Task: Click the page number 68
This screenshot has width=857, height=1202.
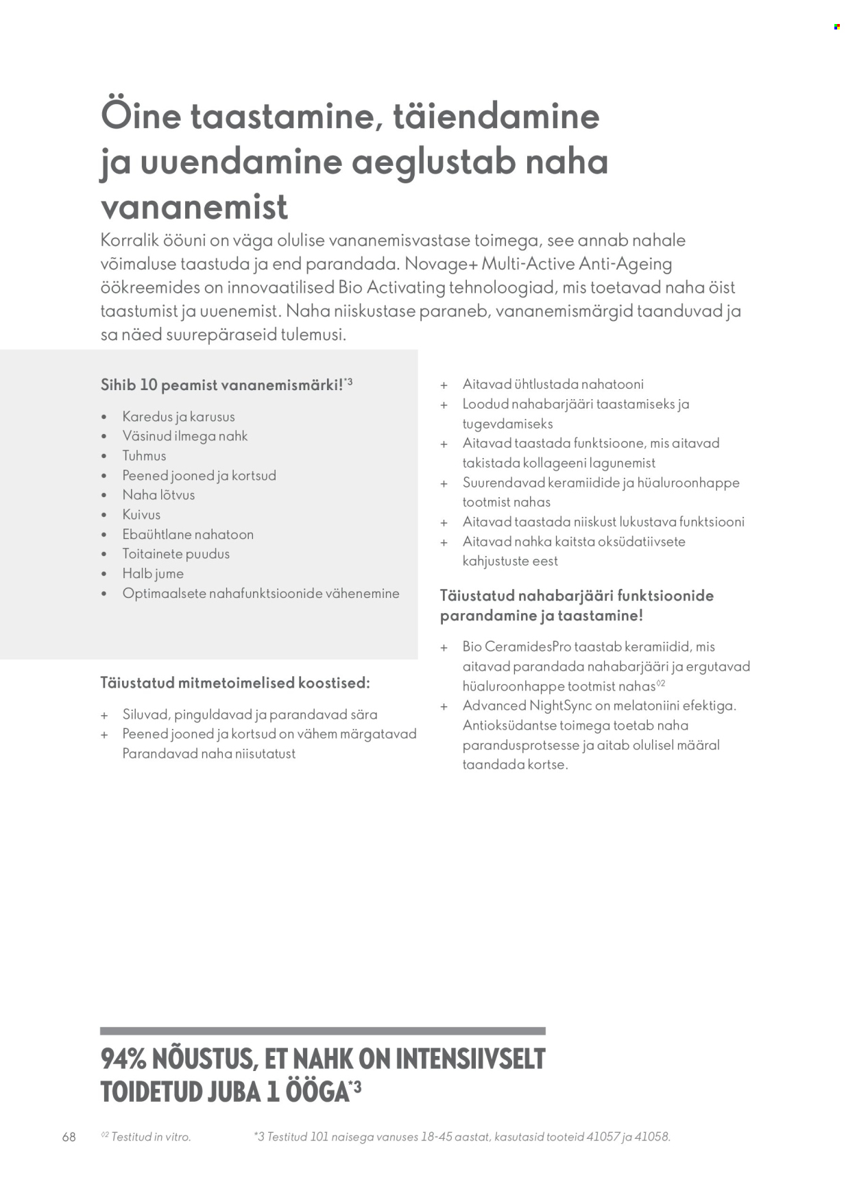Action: [x=69, y=1137]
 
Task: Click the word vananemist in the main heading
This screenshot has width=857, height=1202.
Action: [x=194, y=207]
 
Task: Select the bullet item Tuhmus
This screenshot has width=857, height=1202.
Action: [x=144, y=456]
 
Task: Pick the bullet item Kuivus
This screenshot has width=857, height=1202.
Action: [x=141, y=514]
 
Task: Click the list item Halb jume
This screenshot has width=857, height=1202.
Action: [x=153, y=574]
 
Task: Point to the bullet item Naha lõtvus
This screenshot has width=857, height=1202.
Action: [x=158, y=495]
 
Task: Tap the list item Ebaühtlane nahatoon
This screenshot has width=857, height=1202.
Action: [x=188, y=534]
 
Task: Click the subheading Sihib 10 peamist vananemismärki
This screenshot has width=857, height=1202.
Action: [x=222, y=385]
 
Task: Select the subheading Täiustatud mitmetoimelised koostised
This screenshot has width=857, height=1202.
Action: [x=235, y=683]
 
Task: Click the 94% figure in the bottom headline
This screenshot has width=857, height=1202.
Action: [x=123, y=1059]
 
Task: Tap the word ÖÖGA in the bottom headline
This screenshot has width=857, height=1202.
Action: [x=317, y=1092]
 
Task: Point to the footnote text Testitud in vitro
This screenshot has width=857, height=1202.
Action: [x=150, y=1137]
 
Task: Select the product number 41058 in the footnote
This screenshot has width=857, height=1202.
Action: [x=651, y=1137]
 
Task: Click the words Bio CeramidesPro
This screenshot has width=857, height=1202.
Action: [x=516, y=647]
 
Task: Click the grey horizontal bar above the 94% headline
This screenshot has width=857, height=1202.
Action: [x=322, y=1031]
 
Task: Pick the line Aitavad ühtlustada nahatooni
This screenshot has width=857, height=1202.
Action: [x=553, y=385]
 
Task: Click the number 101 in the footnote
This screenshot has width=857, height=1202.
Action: [x=319, y=1137]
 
